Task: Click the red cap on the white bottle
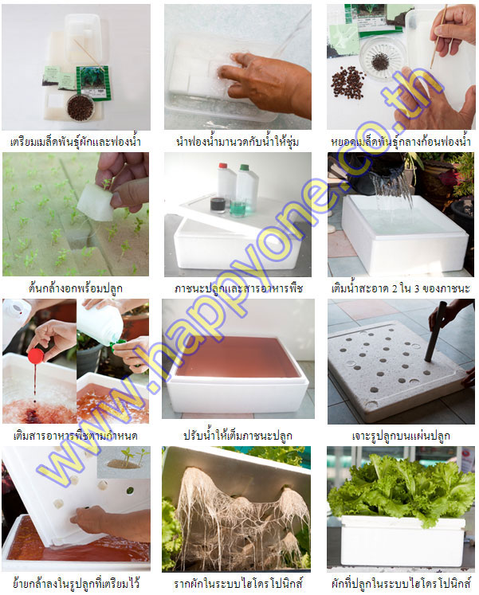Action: tap(223, 166)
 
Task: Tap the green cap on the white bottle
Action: tap(244, 166)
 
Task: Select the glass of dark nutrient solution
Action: tap(218, 204)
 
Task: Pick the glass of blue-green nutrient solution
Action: tap(238, 208)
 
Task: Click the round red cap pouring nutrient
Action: tap(36, 356)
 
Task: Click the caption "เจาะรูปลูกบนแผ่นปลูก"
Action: tap(400, 436)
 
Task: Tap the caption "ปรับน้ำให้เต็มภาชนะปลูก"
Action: tap(238, 435)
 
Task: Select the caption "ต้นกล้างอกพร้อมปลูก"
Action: tap(76, 288)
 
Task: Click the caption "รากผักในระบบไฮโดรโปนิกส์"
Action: tap(238, 583)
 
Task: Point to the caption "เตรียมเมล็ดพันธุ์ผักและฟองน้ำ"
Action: tap(76, 142)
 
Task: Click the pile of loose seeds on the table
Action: tap(347, 82)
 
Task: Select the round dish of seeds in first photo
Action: tap(80, 108)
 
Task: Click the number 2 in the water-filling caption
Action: tap(395, 289)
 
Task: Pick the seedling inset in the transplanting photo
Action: tap(124, 462)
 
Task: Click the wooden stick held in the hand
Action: tap(438, 37)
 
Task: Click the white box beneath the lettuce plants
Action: tap(402, 539)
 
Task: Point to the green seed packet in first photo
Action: tap(93, 83)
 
